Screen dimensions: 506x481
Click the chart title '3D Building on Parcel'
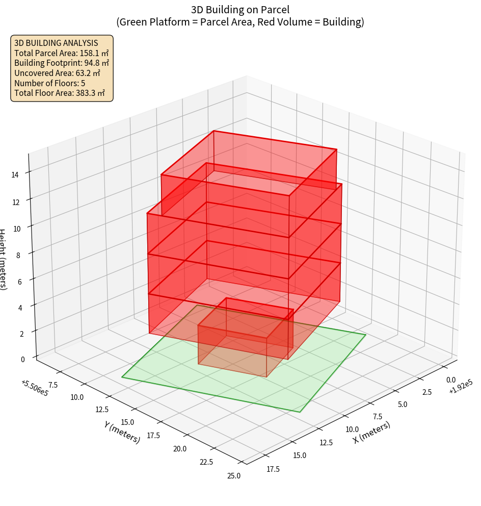pos(240,10)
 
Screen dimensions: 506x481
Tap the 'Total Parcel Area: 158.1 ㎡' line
pos(62,53)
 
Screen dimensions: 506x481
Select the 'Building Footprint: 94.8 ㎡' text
pos(62,63)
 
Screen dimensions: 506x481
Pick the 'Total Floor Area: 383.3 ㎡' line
pos(60,93)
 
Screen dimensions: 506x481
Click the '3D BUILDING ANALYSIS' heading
pos(56,43)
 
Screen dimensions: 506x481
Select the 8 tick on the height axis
pos(18,255)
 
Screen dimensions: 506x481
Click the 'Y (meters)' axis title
pos(122,432)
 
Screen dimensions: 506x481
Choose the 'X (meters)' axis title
pos(372,432)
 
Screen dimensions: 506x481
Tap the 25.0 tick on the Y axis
pos(234,476)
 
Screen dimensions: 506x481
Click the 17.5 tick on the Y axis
pos(181,435)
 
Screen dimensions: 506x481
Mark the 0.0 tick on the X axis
pos(451,380)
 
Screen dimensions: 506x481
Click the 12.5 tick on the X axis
pos(326,442)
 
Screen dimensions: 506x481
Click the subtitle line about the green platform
pos(240,22)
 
